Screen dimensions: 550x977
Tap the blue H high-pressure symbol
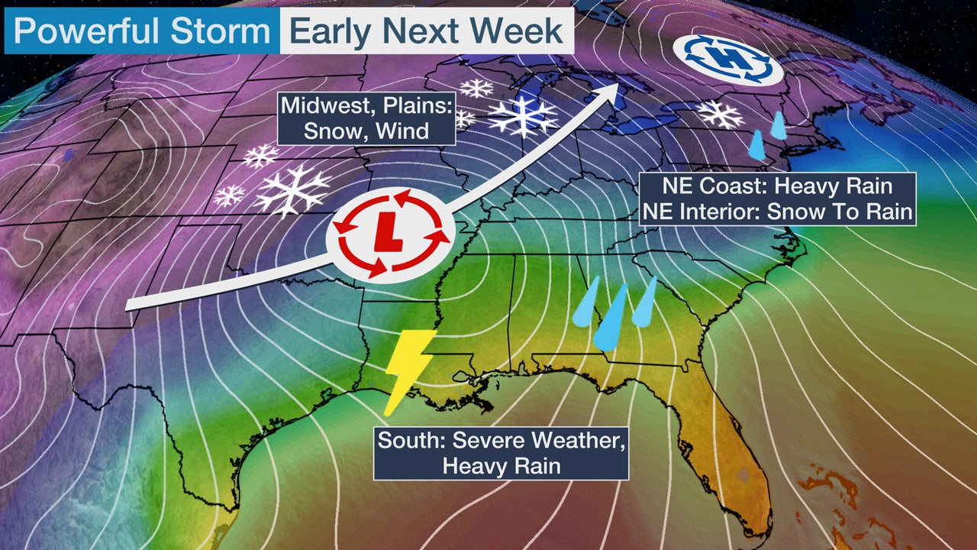727,59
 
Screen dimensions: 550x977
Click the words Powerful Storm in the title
142,31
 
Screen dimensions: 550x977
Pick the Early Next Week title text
427,31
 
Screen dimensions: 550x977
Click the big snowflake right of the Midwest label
523,116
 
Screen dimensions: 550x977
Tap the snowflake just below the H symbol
721,114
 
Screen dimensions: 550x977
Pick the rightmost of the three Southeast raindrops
646,302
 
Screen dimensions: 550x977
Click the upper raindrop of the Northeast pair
779,126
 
